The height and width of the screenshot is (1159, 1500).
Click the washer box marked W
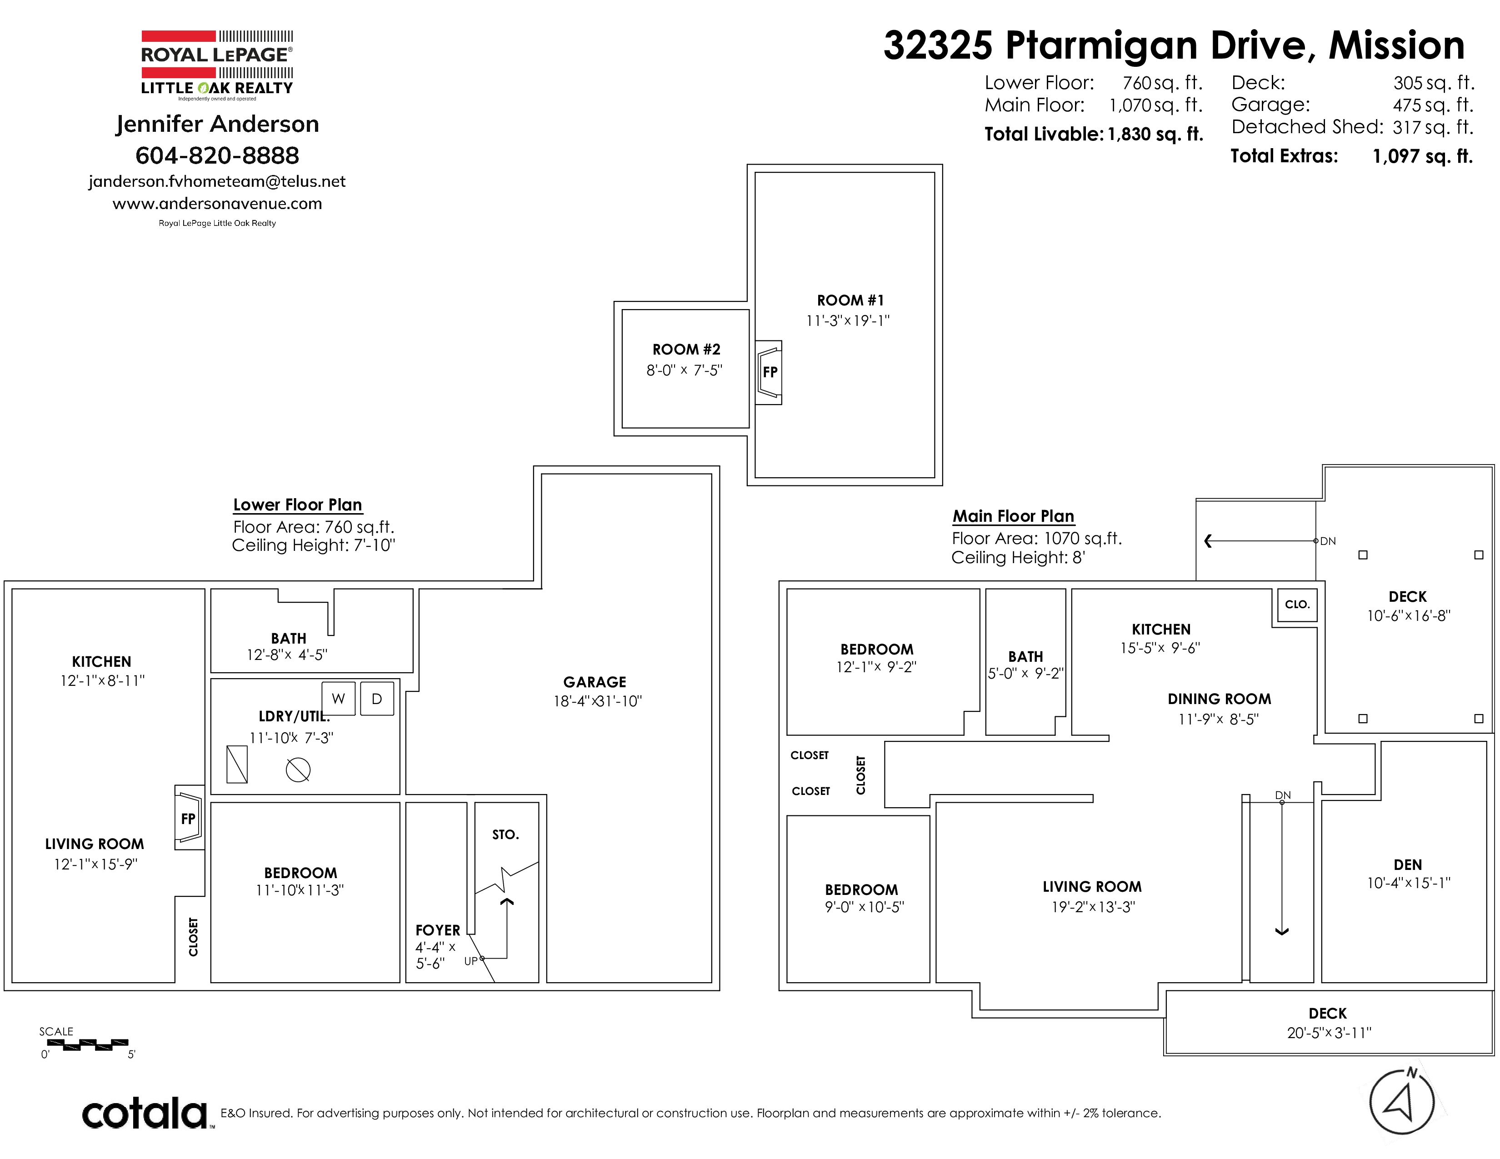pyautogui.click(x=339, y=698)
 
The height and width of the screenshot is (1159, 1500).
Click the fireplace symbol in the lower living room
pyautogui.click(x=190, y=817)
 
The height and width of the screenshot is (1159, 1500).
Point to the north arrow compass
pyautogui.click(x=1402, y=1102)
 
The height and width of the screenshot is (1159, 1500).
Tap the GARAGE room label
pyautogui.click(x=595, y=682)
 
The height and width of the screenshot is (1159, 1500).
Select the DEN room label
pyautogui.click(x=1407, y=864)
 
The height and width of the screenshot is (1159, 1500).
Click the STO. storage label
pyautogui.click(x=505, y=834)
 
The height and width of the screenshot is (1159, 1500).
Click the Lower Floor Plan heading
pyautogui.click(x=297, y=505)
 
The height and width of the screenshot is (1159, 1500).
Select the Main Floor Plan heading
pyautogui.click(x=1013, y=516)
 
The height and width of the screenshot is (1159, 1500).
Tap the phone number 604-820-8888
pyautogui.click(x=217, y=155)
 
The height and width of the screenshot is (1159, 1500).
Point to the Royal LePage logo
pyautogui.click(x=217, y=64)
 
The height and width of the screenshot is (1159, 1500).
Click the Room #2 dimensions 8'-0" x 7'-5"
pyautogui.click(x=684, y=370)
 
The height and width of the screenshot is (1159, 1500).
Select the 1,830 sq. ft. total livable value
pyautogui.click(x=1155, y=134)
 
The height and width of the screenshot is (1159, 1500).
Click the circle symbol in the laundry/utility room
pyautogui.click(x=298, y=769)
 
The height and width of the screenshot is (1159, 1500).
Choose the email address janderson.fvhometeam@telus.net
pyautogui.click(x=217, y=181)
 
